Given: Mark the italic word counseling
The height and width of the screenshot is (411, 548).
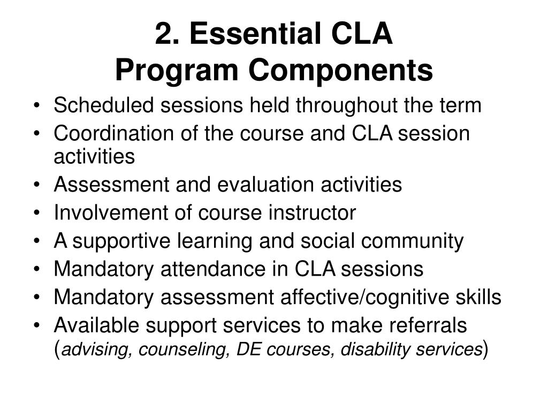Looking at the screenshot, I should point(173,351).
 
